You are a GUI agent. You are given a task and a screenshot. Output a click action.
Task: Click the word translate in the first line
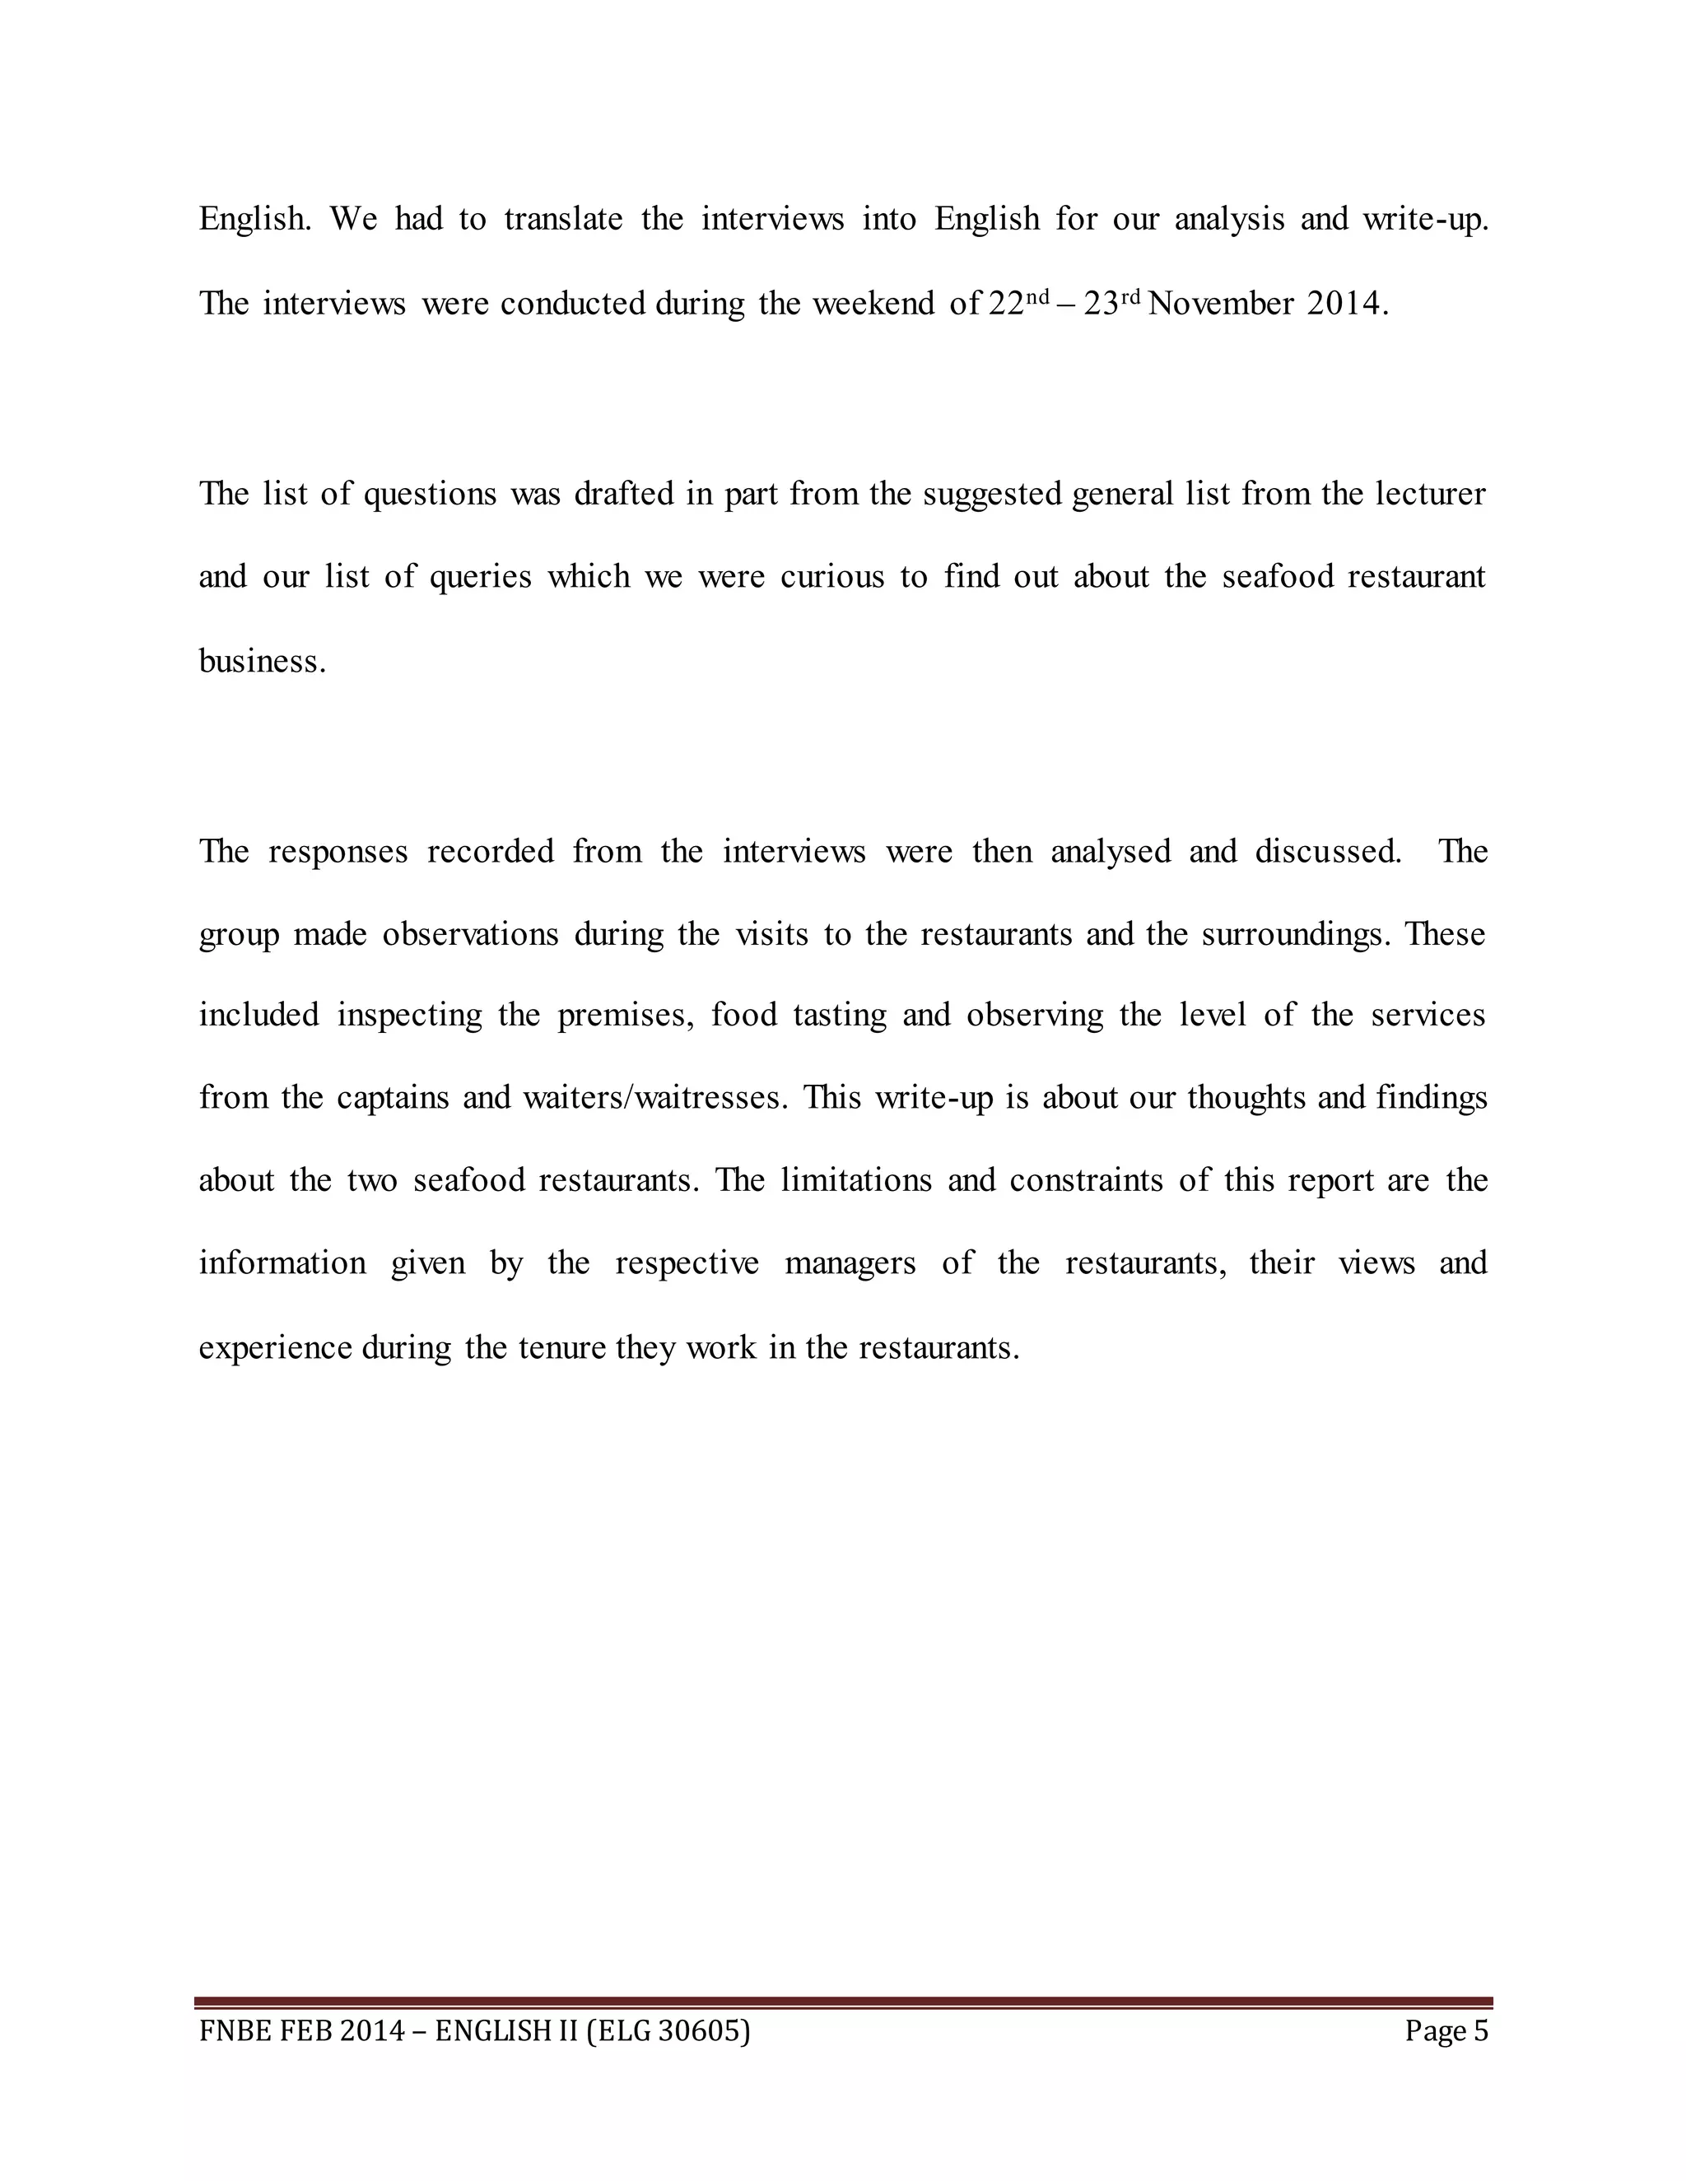[563, 219]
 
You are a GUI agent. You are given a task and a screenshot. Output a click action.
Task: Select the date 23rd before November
[1113, 303]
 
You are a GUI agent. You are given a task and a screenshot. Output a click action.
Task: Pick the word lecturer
[1430, 493]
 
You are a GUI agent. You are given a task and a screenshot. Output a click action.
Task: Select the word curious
[832, 577]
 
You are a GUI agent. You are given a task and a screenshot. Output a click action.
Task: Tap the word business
[262, 660]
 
